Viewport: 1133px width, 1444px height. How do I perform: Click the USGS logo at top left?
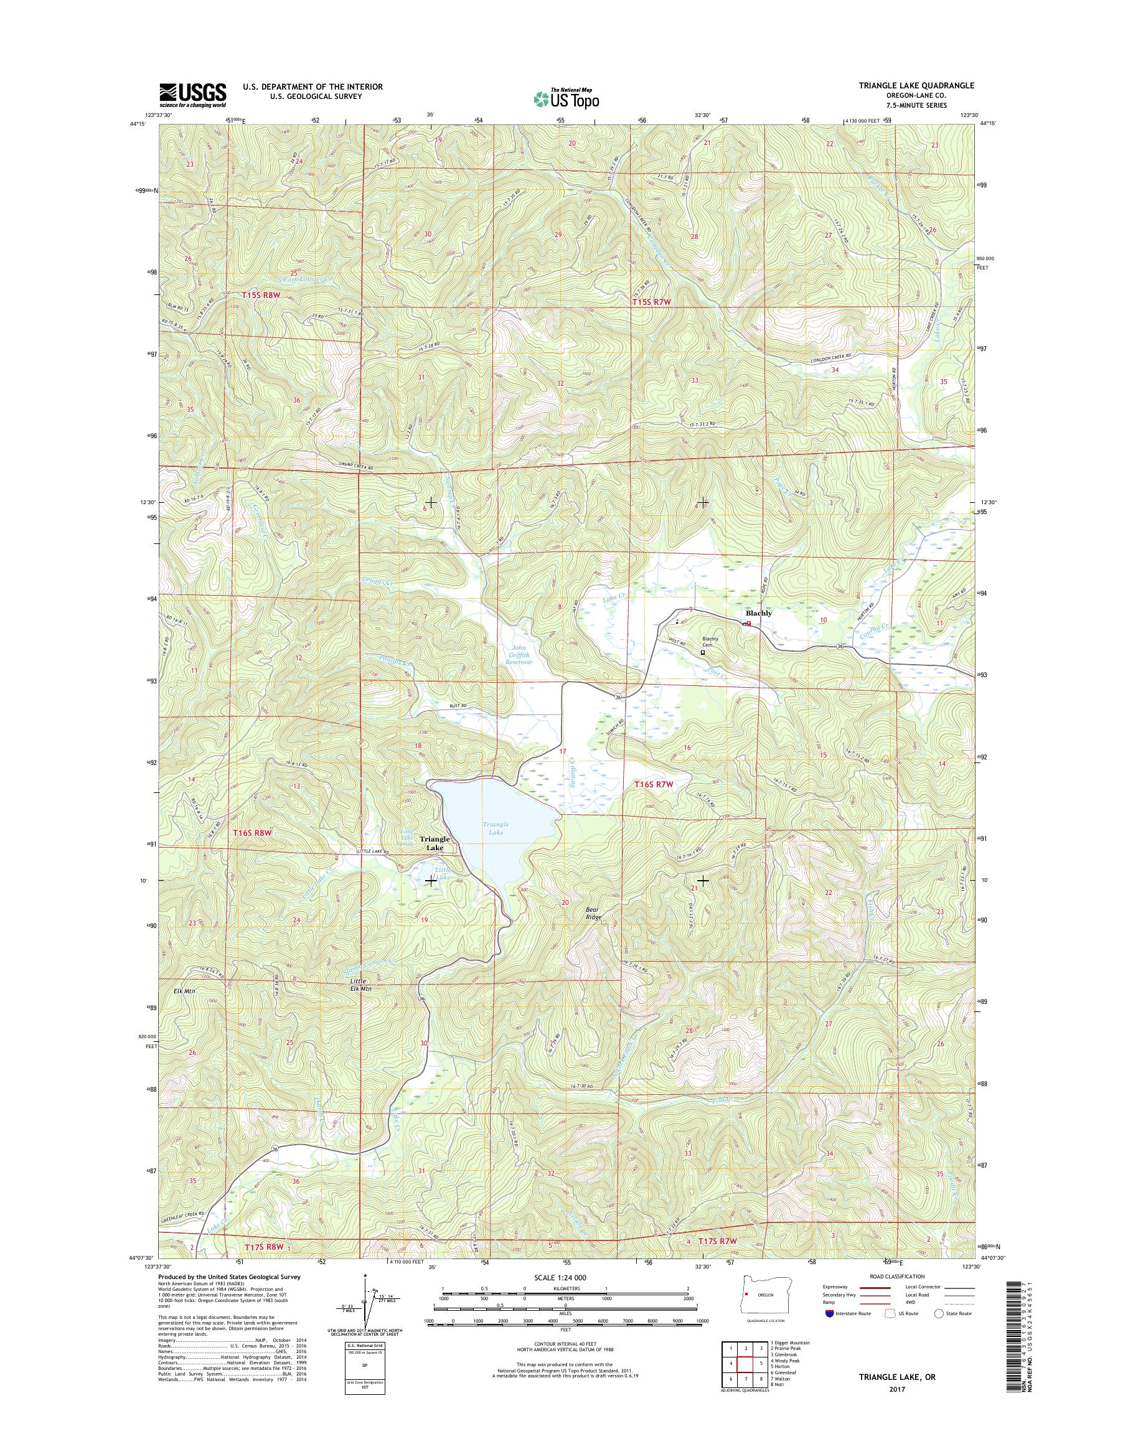pos(192,95)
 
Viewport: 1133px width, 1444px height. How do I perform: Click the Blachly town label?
pos(759,614)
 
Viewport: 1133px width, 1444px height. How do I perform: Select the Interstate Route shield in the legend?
pos(829,1313)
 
